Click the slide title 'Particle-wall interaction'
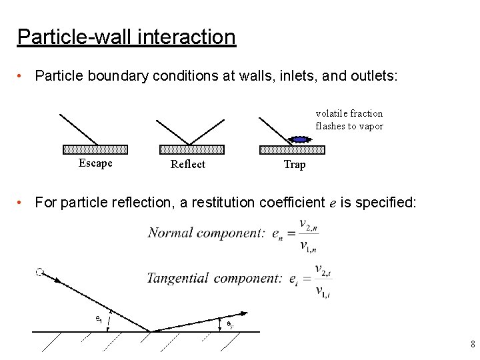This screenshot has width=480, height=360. [x=126, y=36]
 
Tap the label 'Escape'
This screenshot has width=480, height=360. [x=95, y=163]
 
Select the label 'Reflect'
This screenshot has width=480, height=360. [x=188, y=165]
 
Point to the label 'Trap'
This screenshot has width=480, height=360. [x=294, y=165]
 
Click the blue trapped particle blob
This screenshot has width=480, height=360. [x=300, y=139]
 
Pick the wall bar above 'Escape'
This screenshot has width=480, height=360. [x=95, y=149]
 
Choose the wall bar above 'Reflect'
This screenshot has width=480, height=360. [x=189, y=149]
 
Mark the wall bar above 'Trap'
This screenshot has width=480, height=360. [x=291, y=149]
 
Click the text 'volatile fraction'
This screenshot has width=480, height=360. [x=349, y=113]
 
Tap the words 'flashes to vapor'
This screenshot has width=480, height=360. [x=349, y=126]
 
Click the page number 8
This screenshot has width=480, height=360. [x=472, y=345]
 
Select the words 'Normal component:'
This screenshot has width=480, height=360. [x=206, y=233]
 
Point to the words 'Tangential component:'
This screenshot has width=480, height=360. [x=215, y=278]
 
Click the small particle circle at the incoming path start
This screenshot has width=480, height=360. [x=39, y=272]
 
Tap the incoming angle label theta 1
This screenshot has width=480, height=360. [x=98, y=319]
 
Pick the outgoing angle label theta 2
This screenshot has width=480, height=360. [x=229, y=324]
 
